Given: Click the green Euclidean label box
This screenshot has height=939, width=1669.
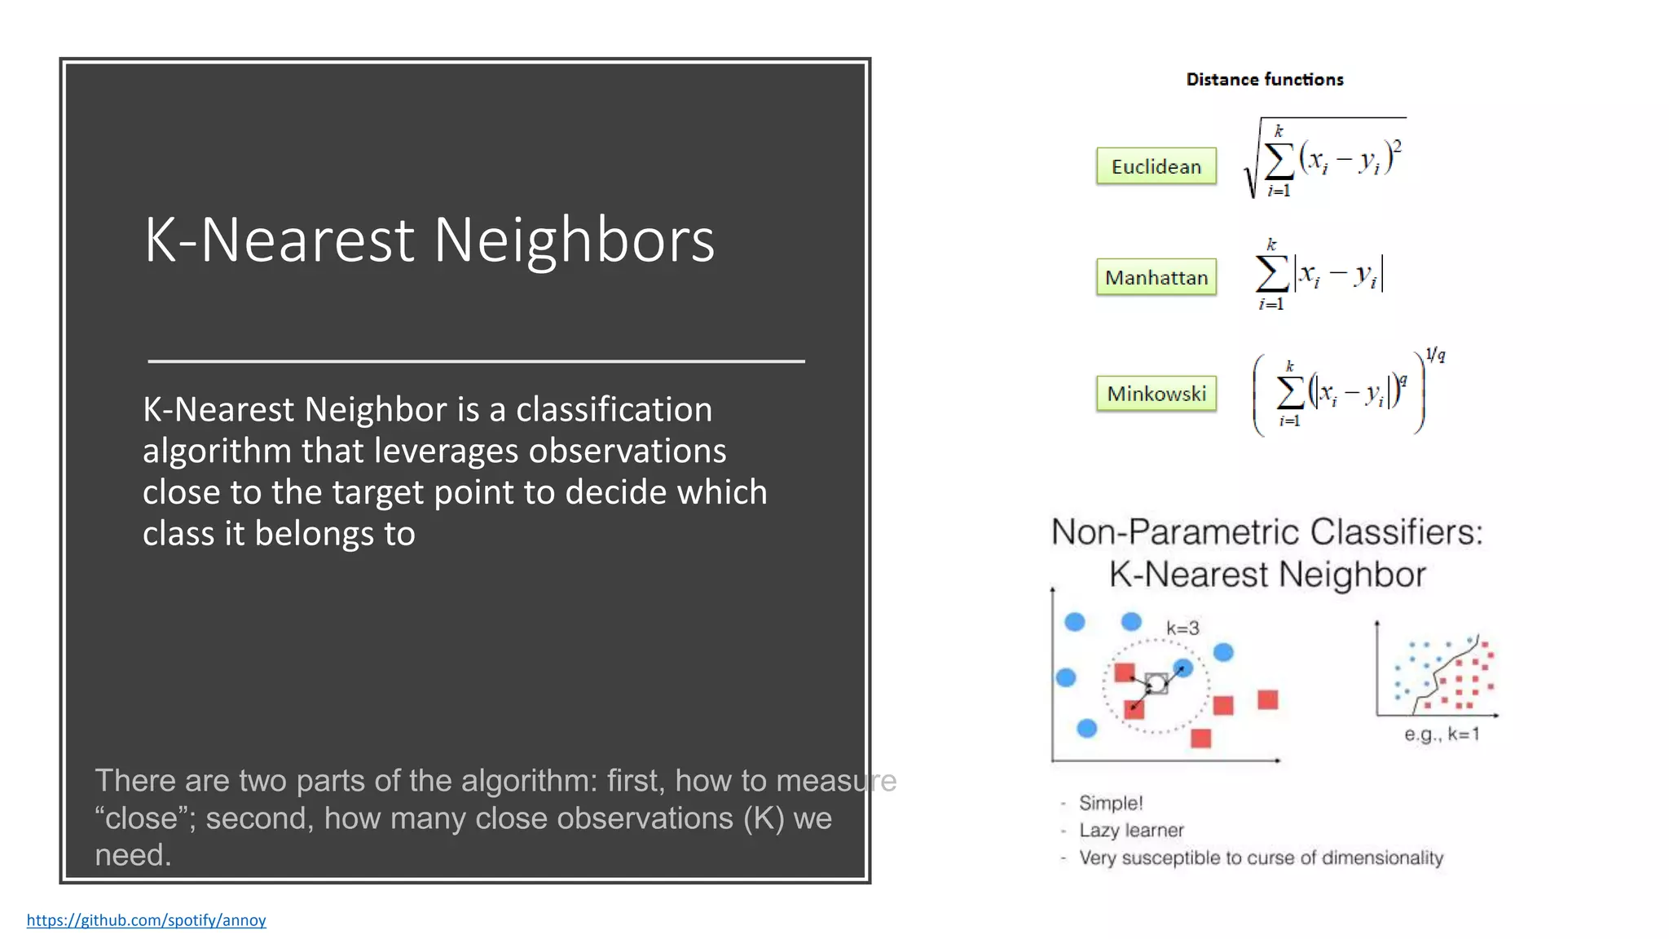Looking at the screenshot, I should click(x=1156, y=166).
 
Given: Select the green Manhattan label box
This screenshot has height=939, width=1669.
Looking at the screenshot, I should click(x=1156, y=277).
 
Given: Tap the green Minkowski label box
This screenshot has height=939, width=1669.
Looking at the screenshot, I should click(x=1156, y=394).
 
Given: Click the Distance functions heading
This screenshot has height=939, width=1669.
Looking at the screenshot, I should click(x=1264, y=79).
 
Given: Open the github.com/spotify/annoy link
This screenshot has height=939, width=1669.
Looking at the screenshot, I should click(x=146, y=919).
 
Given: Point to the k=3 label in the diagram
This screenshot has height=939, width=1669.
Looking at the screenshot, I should click(x=1182, y=628).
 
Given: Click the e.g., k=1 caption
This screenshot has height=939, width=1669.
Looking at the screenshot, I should click(x=1441, y=734).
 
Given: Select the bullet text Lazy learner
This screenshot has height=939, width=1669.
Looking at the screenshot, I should click(x=1131, y=830).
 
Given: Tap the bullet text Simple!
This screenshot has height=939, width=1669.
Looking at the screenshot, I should click(x=1111, y=803).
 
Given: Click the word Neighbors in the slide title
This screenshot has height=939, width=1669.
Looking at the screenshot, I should click(x=574, y=240).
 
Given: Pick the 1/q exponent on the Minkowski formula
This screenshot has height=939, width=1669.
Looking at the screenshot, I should click(x=1435, y=355).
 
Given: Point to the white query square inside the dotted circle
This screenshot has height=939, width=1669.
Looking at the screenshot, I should click(x=1156, y=683).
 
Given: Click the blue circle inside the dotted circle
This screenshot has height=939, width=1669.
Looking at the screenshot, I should click(x=1183, y=668).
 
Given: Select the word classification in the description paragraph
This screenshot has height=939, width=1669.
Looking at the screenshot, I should click(x=614, y=409).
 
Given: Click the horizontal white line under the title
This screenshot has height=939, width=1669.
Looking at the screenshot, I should click(x=476, y=360).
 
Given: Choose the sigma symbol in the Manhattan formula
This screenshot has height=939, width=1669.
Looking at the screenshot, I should click(x=1272, y=273).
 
